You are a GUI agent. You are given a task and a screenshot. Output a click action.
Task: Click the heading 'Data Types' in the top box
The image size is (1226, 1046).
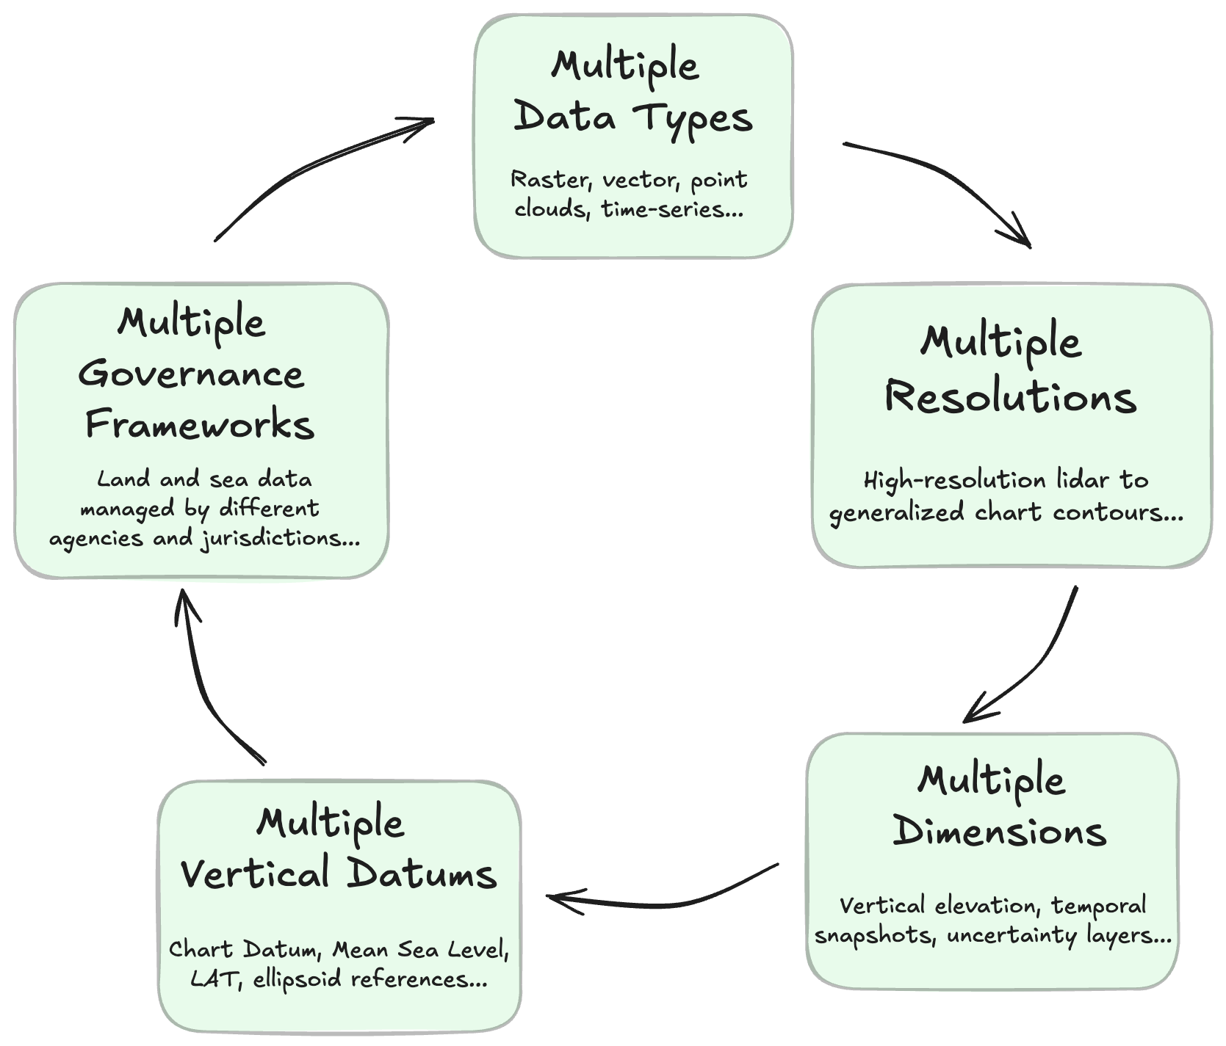633,118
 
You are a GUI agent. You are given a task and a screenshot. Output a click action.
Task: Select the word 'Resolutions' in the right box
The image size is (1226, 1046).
1011,397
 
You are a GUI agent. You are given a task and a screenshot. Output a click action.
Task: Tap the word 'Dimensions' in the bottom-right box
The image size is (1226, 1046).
999,832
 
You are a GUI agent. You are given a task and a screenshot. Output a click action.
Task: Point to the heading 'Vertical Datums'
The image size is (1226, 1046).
339,874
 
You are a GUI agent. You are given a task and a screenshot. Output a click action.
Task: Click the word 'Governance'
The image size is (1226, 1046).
191,374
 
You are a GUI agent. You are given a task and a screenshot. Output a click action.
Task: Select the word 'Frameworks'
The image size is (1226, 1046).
200,425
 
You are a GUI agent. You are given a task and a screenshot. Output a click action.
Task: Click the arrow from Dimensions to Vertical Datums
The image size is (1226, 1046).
661,901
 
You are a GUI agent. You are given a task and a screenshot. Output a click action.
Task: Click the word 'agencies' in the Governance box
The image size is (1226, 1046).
96,540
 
